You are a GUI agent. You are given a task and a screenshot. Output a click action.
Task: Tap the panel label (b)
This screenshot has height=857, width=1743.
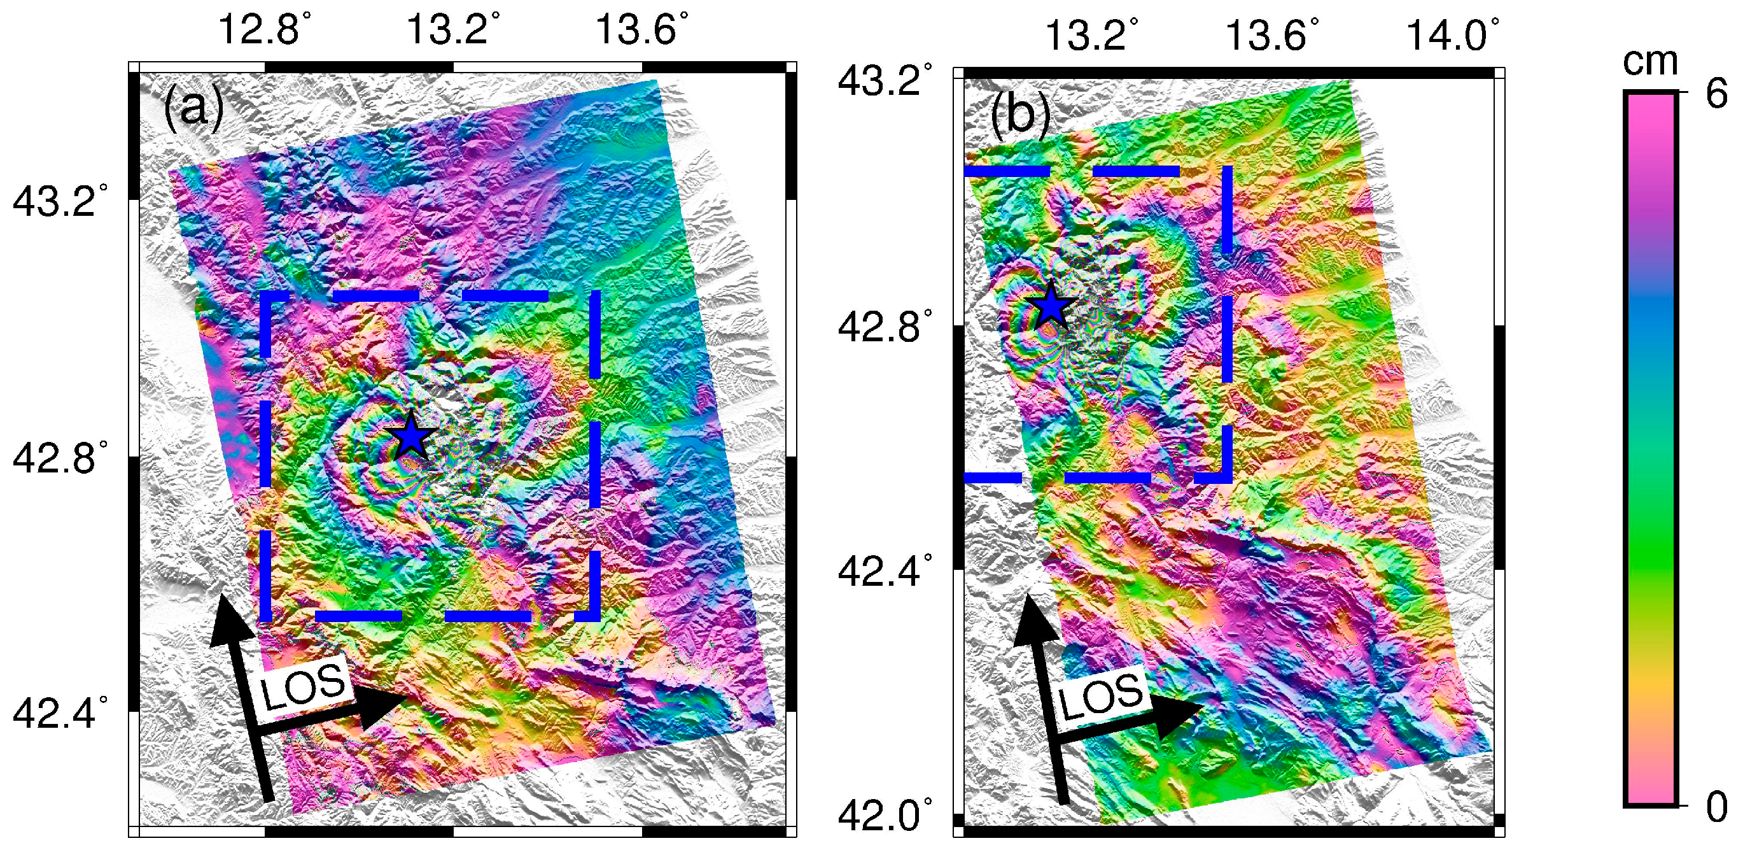pos(1019,115)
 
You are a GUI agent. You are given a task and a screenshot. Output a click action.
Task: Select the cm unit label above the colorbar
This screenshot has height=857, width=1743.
pos(1650,62)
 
